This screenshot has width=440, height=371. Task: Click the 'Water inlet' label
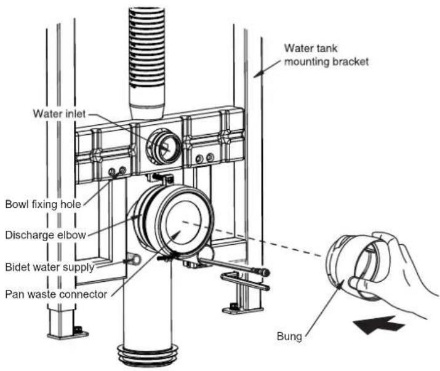point(59,114)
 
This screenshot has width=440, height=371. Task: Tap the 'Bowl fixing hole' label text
point(43,204)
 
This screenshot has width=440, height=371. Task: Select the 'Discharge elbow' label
point(46,235)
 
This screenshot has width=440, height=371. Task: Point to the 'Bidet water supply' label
point(50,267)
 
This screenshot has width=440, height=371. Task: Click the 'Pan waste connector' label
point(56,294)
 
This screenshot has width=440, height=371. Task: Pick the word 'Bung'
point(289,337)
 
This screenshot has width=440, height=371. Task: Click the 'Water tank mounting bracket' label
point(326,55)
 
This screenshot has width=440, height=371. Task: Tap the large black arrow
point(379,325)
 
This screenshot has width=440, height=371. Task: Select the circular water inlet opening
point(162,147)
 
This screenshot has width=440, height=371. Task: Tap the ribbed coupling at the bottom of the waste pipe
point(148,354)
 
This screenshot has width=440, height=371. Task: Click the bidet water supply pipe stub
point(134,259)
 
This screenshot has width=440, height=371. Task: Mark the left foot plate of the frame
point(68,335)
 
